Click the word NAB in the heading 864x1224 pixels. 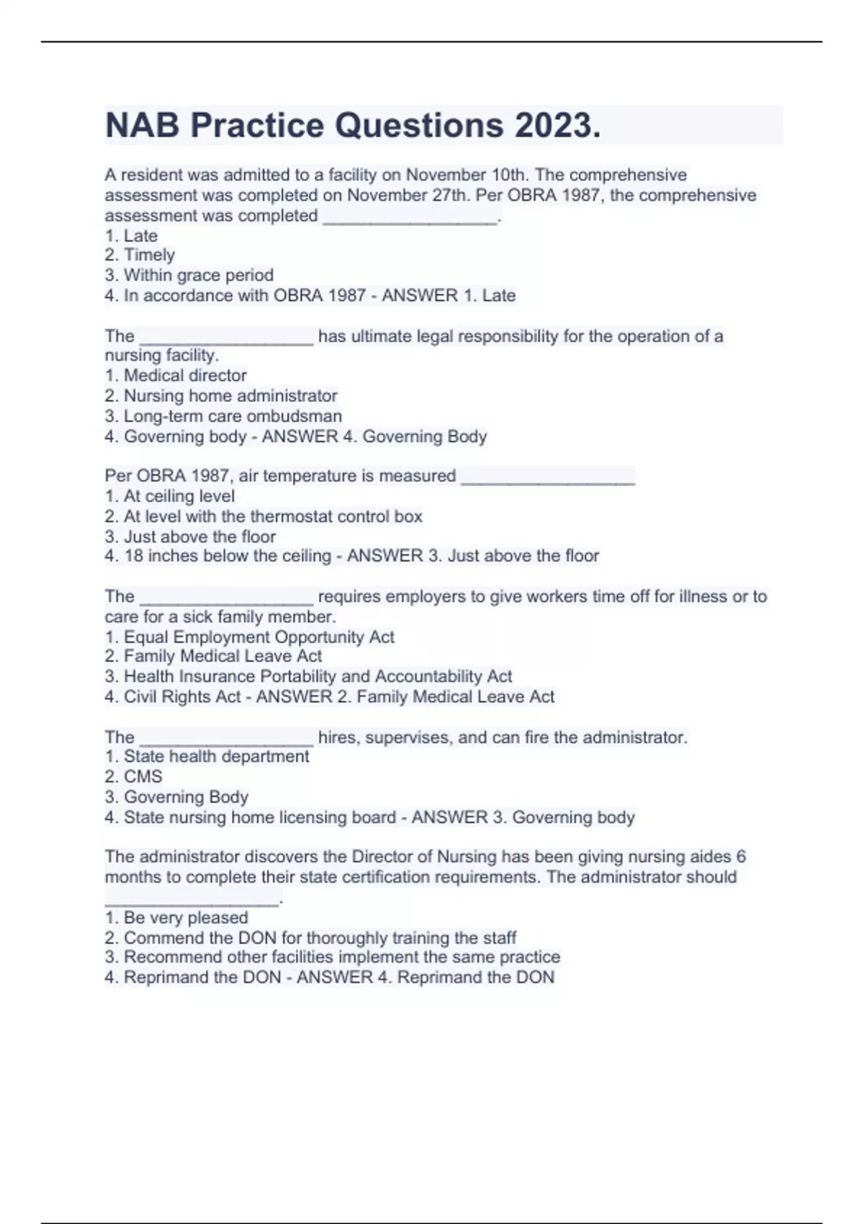143,125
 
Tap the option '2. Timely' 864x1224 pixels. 140,255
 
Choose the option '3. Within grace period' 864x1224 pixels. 189,275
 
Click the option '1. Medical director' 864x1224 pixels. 176,375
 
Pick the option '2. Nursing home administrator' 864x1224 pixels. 221,395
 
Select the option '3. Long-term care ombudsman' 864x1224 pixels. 223,416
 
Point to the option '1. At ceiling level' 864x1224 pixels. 170,496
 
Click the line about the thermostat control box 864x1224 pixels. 264,516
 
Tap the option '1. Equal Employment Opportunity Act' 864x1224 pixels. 249,637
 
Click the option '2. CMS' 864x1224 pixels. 133,776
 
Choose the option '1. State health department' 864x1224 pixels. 207,756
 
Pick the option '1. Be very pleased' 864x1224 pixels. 176,917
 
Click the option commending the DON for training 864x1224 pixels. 310,937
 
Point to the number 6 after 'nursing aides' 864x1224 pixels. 741,857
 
